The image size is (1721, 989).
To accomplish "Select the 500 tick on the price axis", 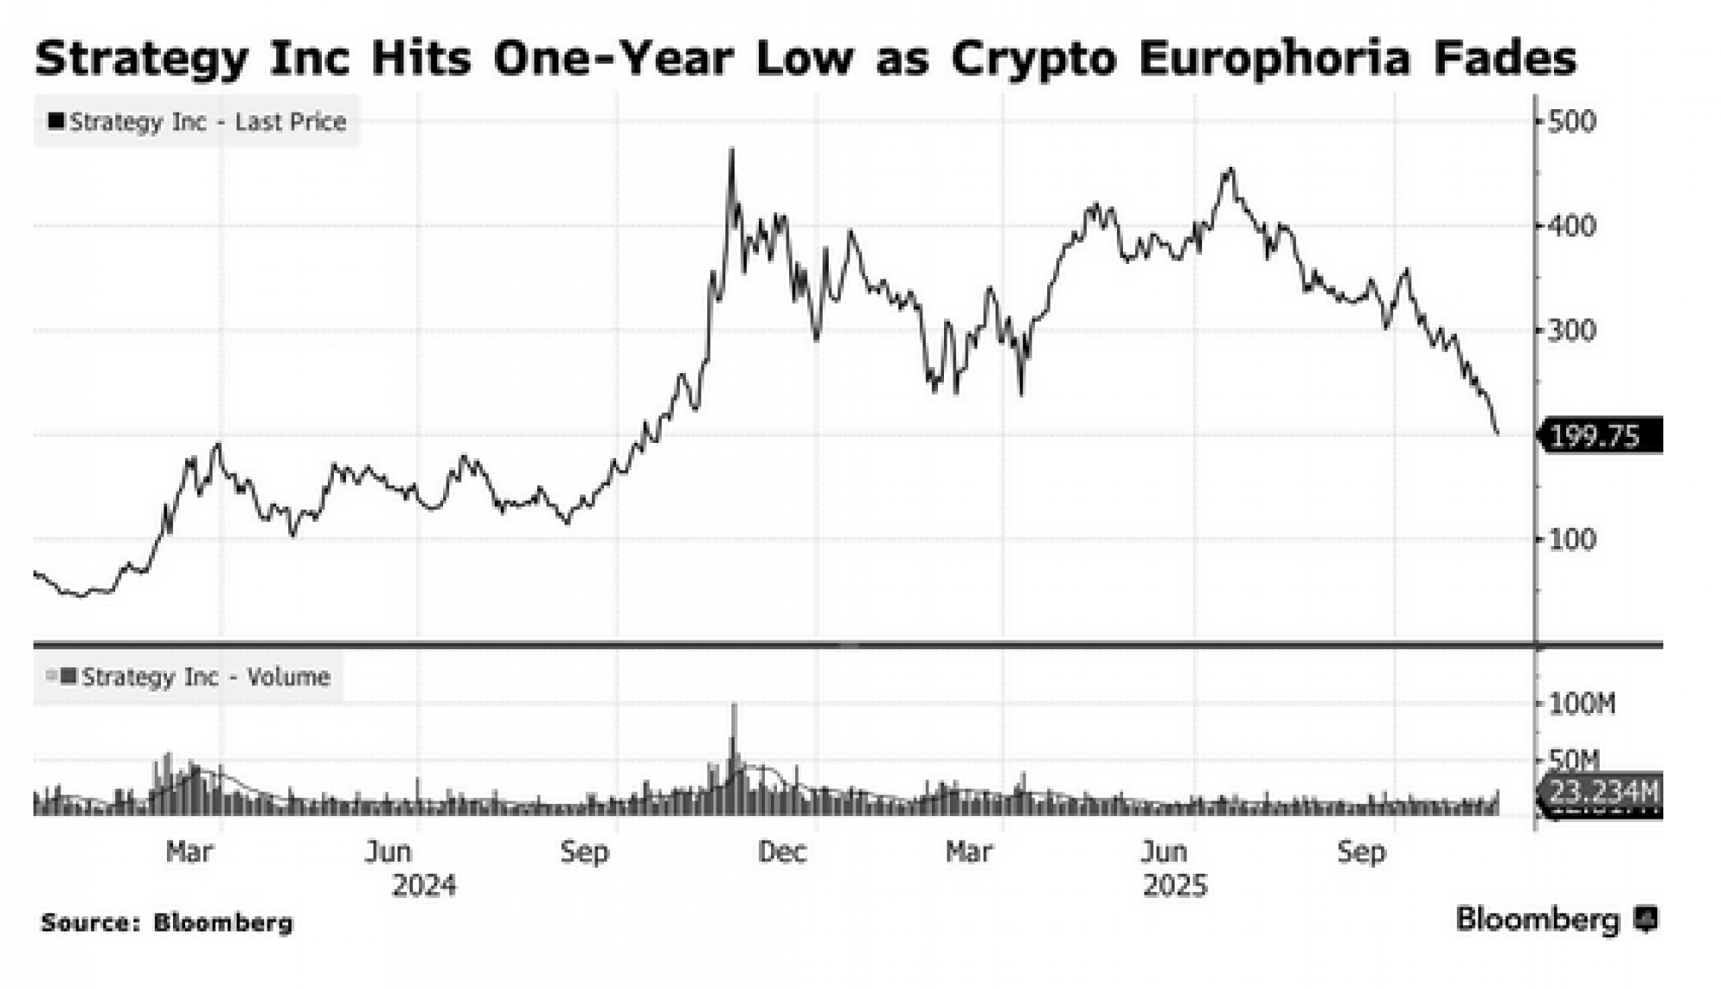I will (1571, 121).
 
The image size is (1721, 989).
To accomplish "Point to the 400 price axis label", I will (1571, 226).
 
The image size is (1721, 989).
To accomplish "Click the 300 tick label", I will (1571, 330).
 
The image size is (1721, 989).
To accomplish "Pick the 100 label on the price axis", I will (1571, 539).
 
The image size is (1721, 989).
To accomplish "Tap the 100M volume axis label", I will (1582, 705).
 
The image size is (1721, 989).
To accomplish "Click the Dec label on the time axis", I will (782, 852).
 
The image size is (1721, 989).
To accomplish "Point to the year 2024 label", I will (423, 886).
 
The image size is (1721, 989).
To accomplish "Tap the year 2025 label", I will (1175, 886).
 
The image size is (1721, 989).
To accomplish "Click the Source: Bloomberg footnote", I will (167, 923).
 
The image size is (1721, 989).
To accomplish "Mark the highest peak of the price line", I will (732, 150).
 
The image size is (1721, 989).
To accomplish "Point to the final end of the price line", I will (1498, 433).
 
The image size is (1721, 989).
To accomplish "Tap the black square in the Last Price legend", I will (57, 121).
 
